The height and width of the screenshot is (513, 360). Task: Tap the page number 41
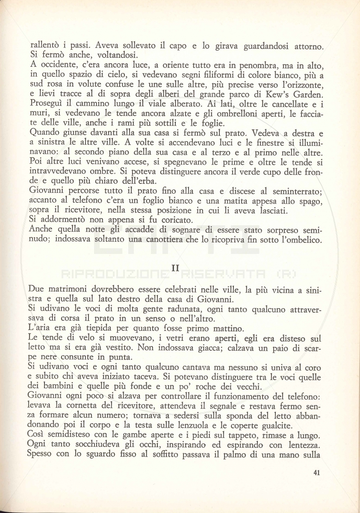pyautogui.click(x=317, y=472)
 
